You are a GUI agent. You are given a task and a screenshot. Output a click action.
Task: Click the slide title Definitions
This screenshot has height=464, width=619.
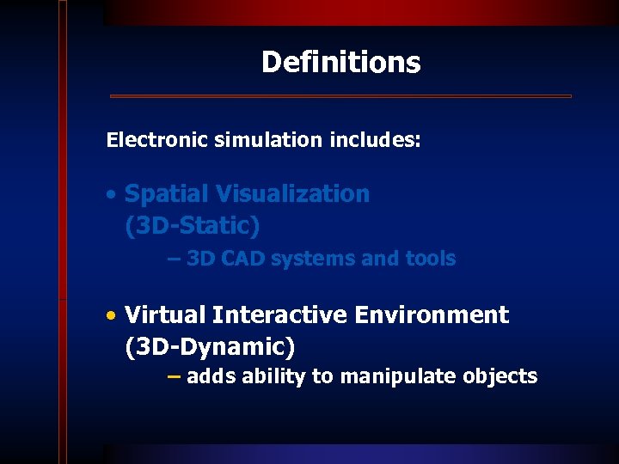coord(340,63)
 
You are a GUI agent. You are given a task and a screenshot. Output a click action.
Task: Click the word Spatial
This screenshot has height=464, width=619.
coord(167,194)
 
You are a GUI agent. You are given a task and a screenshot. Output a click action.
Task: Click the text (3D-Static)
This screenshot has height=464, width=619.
coord(192,226)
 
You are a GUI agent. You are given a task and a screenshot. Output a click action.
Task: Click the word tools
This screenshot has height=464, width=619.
coord(427,259)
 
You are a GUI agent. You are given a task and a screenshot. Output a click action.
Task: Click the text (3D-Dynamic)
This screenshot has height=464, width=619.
coord(210,348)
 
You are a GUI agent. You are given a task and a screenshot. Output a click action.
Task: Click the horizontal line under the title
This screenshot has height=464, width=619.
coord(340,96)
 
